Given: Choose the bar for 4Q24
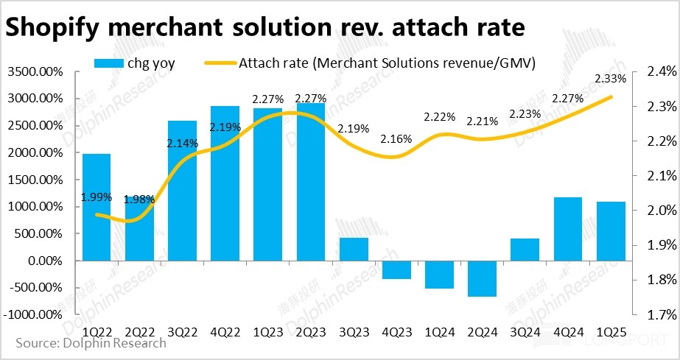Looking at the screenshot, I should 567,229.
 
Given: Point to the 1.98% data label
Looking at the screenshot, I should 140,200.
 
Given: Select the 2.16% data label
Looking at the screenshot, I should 396,138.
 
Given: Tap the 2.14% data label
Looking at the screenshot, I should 182,144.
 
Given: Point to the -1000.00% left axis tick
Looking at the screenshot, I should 34,314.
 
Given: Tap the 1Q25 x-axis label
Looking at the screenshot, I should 610,331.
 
